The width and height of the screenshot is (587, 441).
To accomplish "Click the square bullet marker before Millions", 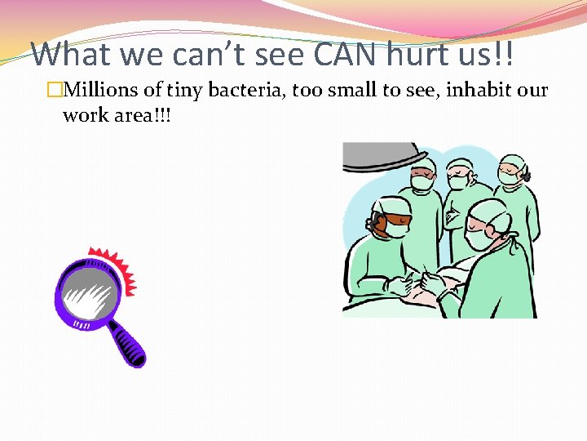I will coord(55,91).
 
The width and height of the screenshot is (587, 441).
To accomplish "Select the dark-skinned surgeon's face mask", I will coord(395,229).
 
